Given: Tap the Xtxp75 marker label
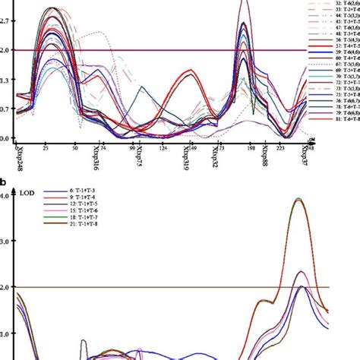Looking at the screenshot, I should (x=140, y=156).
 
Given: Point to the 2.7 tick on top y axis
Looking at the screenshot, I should (x=6, y=23).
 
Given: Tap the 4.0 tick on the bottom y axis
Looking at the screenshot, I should (x=6, y=195).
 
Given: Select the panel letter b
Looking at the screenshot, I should (x=5, y=182).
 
